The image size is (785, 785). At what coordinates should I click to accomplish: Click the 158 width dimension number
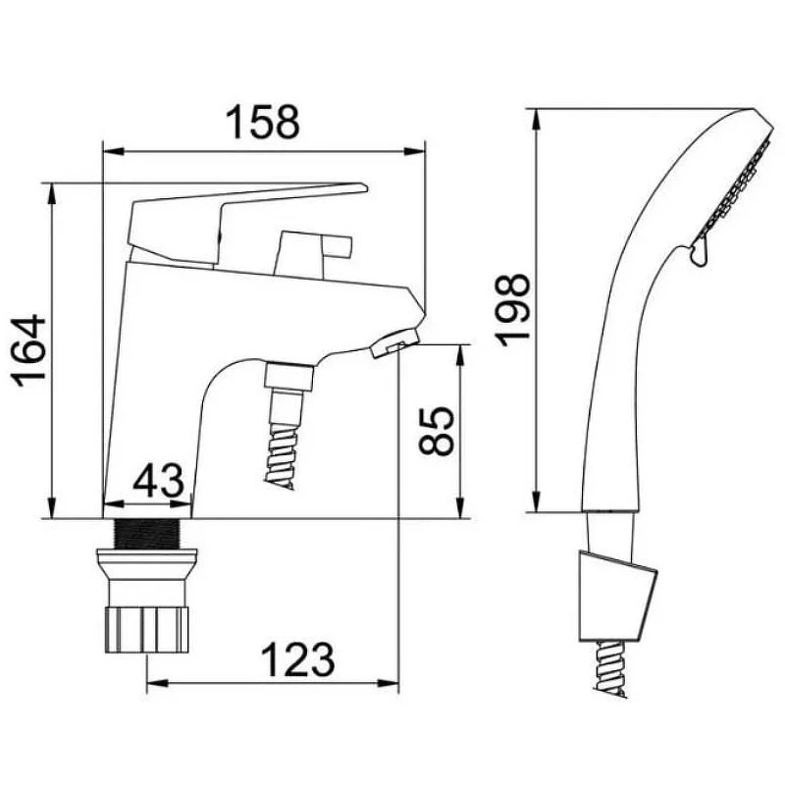pos(262,122)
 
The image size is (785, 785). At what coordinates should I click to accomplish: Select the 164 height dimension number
pos(28,350)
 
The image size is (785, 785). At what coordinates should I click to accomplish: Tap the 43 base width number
pos(158,480)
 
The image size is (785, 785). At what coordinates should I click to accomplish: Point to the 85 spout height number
pos(436,431)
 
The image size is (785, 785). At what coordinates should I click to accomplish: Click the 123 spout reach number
pos(298,659)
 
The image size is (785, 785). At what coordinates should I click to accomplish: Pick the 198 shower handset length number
pos(511,310)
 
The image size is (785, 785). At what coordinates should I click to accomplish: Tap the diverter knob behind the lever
pos(313,253)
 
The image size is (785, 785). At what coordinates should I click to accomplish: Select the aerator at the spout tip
pos(395,343)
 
